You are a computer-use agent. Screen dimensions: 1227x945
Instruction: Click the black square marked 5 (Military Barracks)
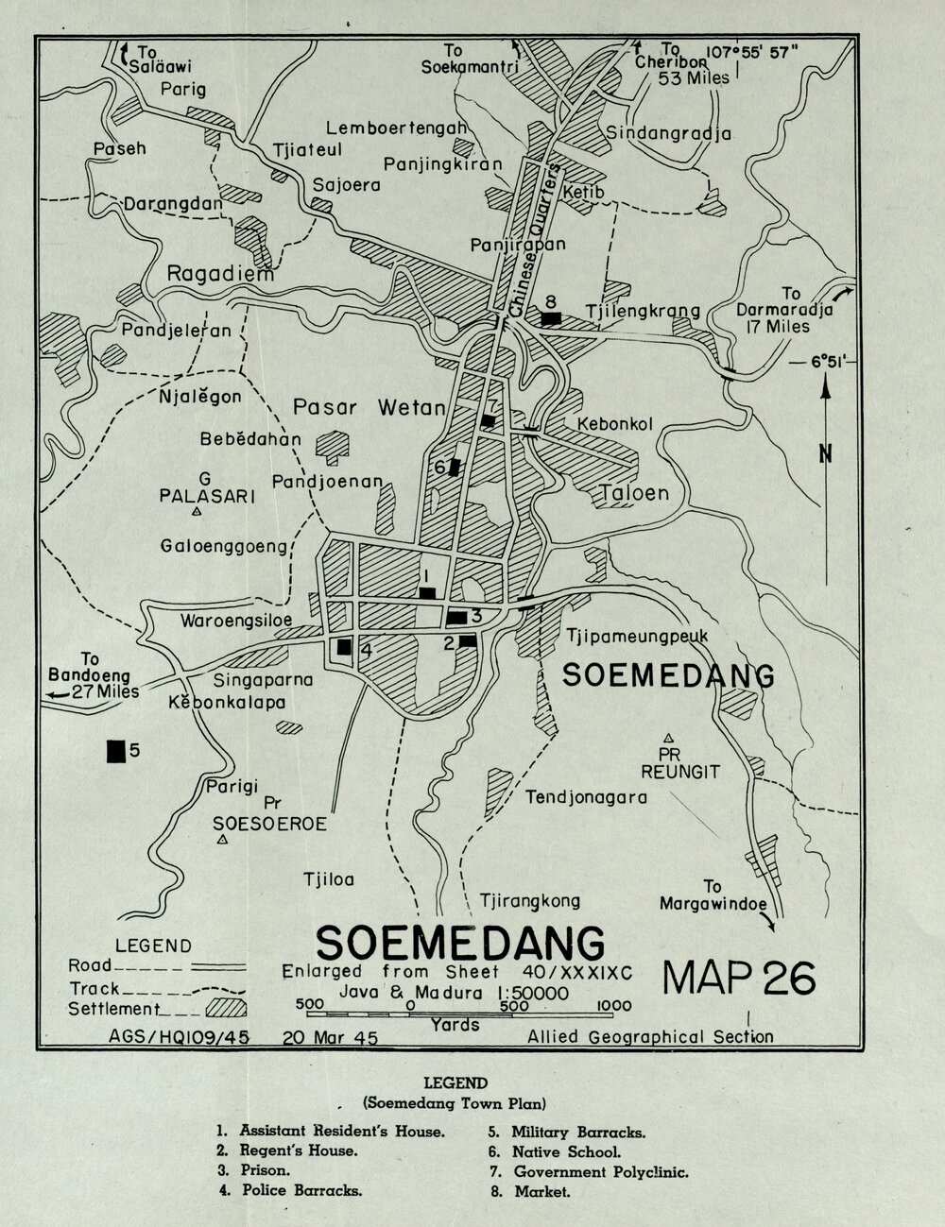pyautogui.click(x=116, y=750)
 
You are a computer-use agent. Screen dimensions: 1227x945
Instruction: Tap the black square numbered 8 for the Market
pyautogui.click(x=551, y=318)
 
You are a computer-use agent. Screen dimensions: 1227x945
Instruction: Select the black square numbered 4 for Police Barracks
pyautogui.click(x=344, y=647)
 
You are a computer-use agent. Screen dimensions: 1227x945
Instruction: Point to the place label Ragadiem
pyautogui.click(x=220, y=274)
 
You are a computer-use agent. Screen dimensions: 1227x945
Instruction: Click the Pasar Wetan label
pyautogui.click(x=369, y=408)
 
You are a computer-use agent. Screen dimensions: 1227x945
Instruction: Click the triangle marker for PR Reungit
pyautogui.click(x=668, y=737)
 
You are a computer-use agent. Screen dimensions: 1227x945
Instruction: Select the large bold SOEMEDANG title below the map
pyautogui.click(x=460, y=942)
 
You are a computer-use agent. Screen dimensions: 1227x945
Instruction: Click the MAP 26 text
pyautogui.click(x=739, y=979)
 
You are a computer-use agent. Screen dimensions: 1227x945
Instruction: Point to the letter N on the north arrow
pyautogui.click(x=826, y=454)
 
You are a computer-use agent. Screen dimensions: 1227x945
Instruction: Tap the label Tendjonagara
pyautogui.click(x=587, y=797)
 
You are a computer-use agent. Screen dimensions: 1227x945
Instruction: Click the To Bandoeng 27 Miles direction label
pyautogui.click(x=92, y=675)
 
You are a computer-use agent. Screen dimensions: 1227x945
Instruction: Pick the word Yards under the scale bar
pyautogui.click(x=455, y=1024)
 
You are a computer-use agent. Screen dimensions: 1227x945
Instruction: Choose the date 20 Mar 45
pyautogui.click(x=330, y=1037)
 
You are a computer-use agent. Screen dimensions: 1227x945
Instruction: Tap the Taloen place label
pyautogui.click(x=634, y=492)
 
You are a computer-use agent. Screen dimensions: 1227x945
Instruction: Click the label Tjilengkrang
pyautogui.click(x=643, y=311)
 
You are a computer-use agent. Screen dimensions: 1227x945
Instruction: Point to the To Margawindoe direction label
pyautogui.click(x=713, y=895)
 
